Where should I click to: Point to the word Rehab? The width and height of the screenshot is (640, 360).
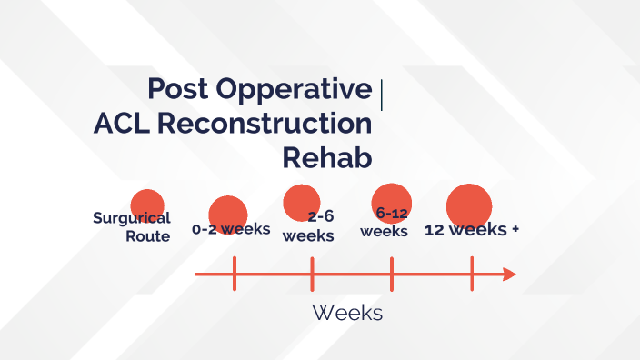[x=327, y=157]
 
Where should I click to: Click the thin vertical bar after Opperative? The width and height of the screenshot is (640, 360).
[x=381, y=95]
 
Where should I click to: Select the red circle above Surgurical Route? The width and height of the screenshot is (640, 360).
[x=147, y=205]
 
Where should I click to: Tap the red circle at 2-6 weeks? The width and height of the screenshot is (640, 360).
[x=302, y=203]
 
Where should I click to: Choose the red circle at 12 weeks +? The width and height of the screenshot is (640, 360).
[x=468, y=205]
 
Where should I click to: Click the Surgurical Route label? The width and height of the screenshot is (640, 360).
[x=133, y=227]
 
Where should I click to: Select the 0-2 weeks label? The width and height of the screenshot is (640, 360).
[x=231, y=229]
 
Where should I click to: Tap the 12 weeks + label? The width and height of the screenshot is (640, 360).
[x=472, y=230]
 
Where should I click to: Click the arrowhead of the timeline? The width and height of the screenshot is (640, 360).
[x=509, y=275]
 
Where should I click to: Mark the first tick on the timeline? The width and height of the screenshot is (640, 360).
[x=235, y=275]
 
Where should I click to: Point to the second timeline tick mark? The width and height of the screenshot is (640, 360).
[x=312, y=275]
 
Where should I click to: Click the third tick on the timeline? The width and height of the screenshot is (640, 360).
[x=392, y=275]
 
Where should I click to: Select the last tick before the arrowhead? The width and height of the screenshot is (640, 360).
[x=472, y=275]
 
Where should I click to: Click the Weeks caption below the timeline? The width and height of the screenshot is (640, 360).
[x=347, y=313]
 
